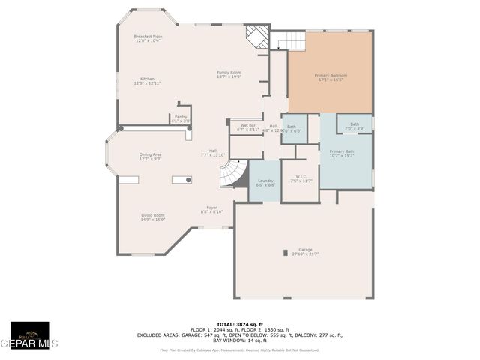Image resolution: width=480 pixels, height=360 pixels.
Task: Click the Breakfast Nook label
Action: click(148, 38)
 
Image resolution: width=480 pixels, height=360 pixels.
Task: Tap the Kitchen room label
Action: click(148, 81)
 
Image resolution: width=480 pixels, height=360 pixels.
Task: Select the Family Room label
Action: click(229, 74)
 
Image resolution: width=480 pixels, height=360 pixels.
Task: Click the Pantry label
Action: click(181, 118)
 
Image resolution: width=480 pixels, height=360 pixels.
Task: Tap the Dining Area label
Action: click(150, 157)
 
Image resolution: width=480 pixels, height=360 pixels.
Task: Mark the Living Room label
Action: click(153, 217)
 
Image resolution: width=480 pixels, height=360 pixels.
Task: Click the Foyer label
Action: click(212, 210)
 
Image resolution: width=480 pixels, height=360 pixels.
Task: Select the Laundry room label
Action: click(265, 182)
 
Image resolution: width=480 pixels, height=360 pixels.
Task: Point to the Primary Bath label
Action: click(341, 154)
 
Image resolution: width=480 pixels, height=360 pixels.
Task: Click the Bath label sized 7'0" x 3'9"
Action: click(354, 126)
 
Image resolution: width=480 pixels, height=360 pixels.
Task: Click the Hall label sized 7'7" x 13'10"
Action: click(213, 152)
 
